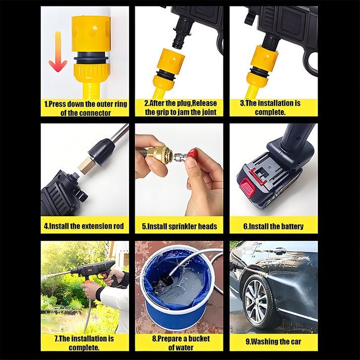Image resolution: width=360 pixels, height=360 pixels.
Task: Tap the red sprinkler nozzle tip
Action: tap(192, 154)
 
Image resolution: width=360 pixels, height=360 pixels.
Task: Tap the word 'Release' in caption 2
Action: tap(205, 103)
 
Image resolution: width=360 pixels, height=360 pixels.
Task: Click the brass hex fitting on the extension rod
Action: tap(86, 165)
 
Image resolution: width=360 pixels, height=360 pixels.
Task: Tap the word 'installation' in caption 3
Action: tap(276, 103)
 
